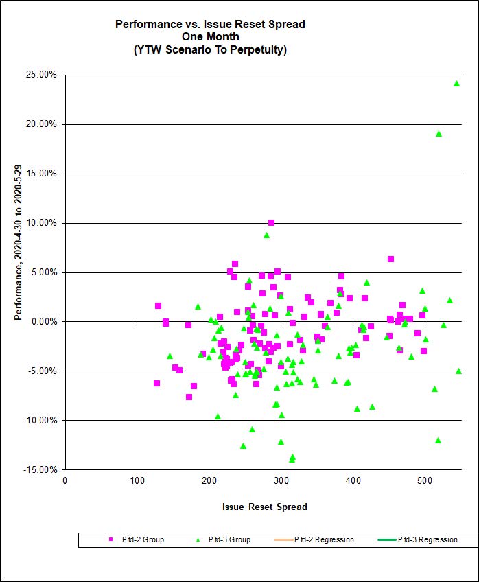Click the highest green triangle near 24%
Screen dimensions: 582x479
click(456, 84)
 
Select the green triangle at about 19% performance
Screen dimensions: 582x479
click(439, 134)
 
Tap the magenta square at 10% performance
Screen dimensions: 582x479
click(271, 222)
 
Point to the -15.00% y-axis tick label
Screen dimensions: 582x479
click(40, 469)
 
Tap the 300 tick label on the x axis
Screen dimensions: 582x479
click(209, 480)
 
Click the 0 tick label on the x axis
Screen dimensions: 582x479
click(65, 480)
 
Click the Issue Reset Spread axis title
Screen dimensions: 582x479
click(264, 507)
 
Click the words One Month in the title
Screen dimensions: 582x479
click(210, 37)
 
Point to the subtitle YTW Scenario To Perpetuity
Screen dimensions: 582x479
click(210, 50)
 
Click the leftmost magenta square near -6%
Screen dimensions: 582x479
click(156, 383)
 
